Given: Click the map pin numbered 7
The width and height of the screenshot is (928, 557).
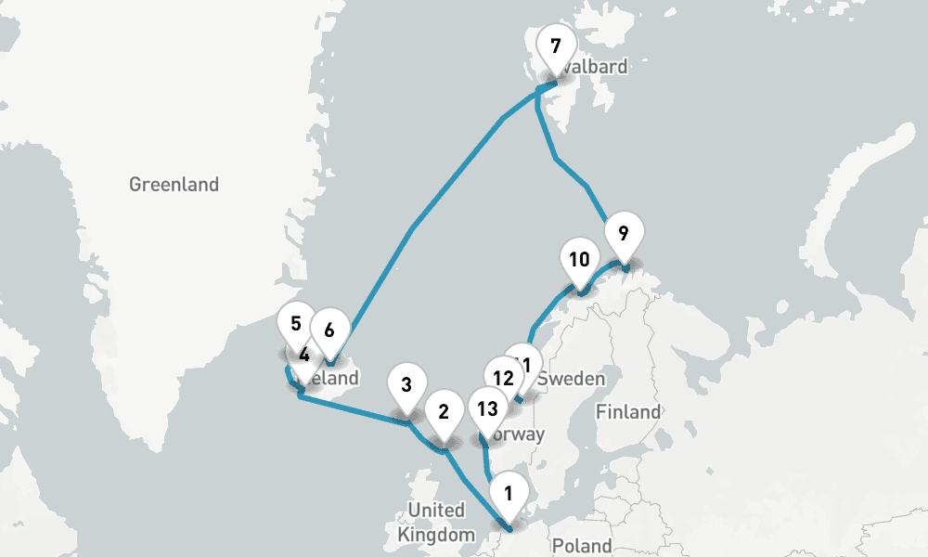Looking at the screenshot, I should pyautogui.click(x=555, y=47).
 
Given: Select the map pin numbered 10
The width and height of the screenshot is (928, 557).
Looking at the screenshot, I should pyautogui.click(x=579, y=261).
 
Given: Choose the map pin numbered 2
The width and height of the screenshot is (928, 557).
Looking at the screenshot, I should pyautogui.click(x=443, y=412).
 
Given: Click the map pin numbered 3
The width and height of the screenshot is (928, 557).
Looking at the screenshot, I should pyautogui.click(x=406, y=385).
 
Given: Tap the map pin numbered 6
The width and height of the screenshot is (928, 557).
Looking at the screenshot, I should pyautogui.click(x=329, y=330).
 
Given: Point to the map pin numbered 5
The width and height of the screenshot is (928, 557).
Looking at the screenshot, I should pyautogui.click(x=296, y=325).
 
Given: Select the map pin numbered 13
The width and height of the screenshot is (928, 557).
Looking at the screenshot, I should pyautogui.click(x=486, y=408).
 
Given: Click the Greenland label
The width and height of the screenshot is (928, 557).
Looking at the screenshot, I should pyautogui.click(x=174, y=185).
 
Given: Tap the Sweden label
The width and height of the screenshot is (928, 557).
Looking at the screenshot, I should pyautogui.click(x=573, y=379).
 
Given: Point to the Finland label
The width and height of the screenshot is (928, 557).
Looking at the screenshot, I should pyautogui.click(x=629, y=411).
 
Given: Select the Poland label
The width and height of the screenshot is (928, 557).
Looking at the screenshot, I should pyautogui.click(x=582, y=546).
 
